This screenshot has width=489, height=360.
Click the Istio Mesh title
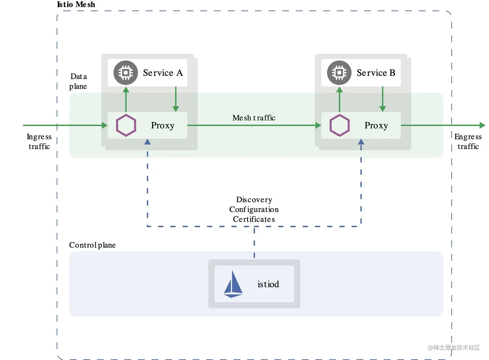point(76,5)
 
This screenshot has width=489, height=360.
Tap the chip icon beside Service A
point(125,73)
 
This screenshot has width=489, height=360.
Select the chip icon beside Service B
point(339,73)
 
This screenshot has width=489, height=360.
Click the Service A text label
point(163,73)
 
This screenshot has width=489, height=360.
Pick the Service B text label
point(376,73)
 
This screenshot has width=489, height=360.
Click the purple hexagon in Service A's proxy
point(126,125)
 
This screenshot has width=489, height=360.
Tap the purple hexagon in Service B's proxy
point(339,125)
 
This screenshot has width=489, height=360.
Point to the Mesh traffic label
point(254,118)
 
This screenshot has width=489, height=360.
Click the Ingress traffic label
point(39,141)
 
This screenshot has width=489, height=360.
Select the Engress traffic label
point(468,141)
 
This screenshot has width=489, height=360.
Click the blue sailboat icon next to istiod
point(233,284)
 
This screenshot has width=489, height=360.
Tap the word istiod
point(268,284)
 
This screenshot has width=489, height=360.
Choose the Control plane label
point(92,245)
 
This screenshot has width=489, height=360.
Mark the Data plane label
point(78,81)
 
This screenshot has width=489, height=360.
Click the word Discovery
point(254,200)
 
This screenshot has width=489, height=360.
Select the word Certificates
point(254,219)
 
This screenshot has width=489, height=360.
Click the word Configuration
point(254,209)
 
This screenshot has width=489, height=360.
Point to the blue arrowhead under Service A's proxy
point(147,142)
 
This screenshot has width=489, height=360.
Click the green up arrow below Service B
point(339,99)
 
